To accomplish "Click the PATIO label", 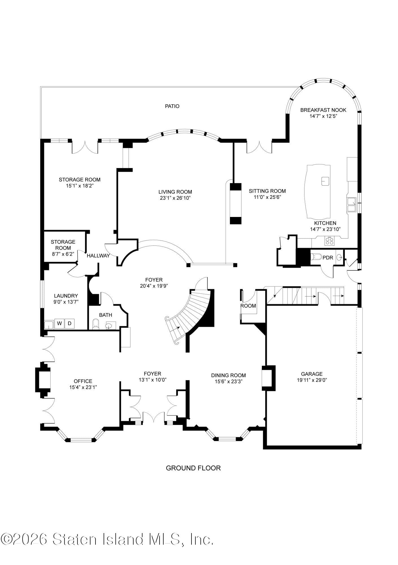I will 172,106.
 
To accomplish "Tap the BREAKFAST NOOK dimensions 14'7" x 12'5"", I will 323,116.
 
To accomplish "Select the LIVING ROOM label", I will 175,192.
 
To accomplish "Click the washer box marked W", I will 59,323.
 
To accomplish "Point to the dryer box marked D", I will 69,323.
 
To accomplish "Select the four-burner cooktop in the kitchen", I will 329,241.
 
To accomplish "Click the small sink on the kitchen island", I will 326,181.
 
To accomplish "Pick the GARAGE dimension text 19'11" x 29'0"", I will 312,380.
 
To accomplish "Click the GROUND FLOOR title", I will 193,468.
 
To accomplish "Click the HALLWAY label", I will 98,256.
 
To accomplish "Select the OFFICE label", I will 83,381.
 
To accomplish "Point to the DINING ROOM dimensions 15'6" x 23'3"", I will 228,381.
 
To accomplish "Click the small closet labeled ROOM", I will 248,306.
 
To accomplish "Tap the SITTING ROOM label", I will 267,191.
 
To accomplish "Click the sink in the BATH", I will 109,326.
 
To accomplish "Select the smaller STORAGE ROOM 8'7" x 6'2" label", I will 63,248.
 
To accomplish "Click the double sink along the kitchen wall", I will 351,205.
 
